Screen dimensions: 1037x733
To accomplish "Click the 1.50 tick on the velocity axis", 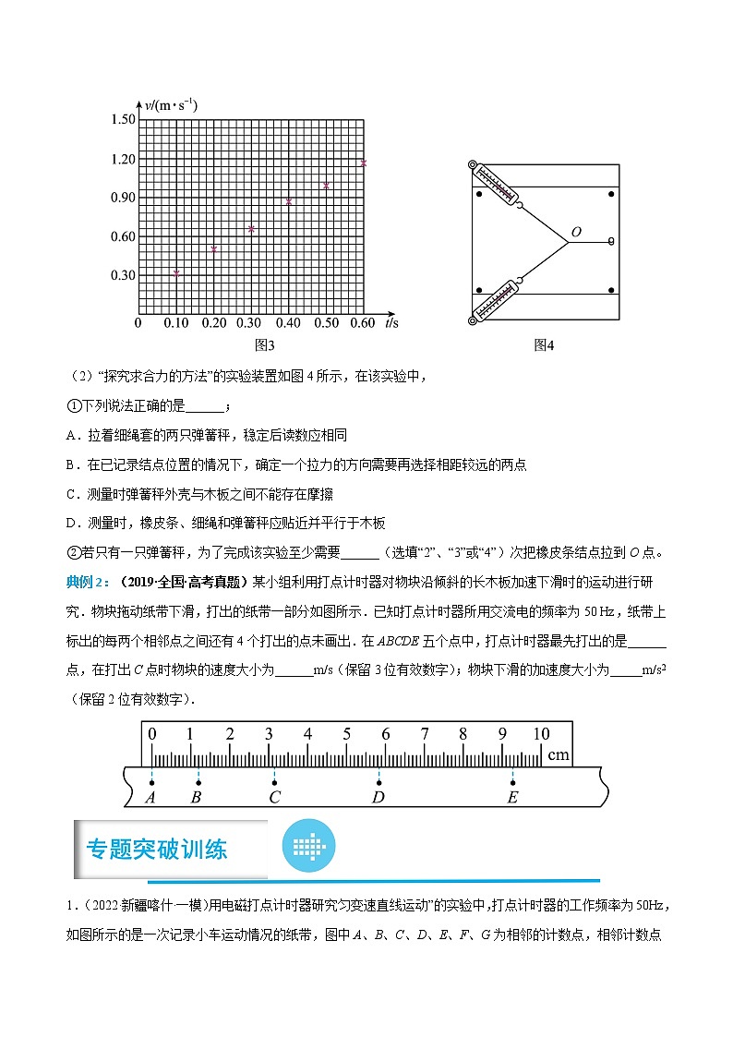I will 123,120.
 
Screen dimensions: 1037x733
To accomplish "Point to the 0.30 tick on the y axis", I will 123,275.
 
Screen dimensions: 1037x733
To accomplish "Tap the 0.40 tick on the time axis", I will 288,323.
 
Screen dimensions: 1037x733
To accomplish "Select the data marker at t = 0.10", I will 176,272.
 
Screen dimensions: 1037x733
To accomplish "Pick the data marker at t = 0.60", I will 364,163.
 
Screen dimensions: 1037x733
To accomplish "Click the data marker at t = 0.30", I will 251,228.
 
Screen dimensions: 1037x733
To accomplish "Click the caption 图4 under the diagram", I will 544,345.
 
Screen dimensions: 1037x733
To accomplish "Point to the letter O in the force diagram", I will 576,233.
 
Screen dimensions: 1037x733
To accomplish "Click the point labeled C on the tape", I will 274,783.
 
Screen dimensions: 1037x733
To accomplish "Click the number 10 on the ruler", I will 540,735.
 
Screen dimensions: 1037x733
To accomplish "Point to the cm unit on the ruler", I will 558,754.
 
